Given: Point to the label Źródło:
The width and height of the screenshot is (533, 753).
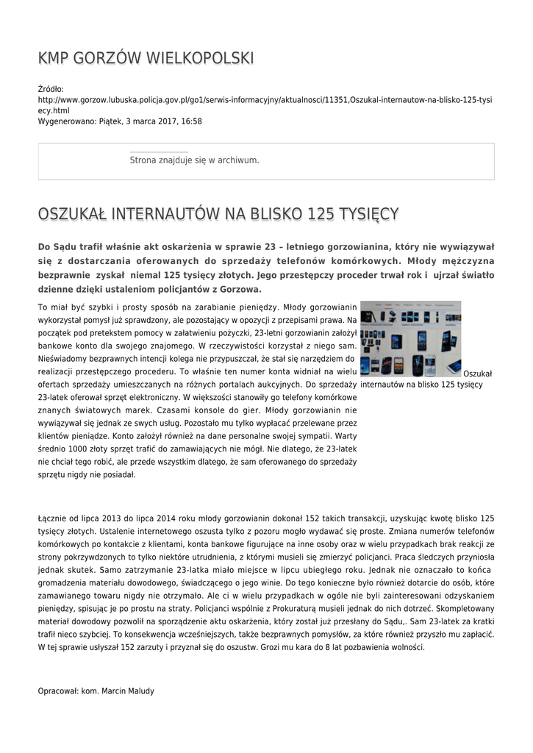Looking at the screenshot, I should coord(51,88).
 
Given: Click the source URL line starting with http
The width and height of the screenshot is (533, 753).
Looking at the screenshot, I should coord(265,99).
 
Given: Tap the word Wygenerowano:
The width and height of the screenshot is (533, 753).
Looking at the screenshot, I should coord(67,121).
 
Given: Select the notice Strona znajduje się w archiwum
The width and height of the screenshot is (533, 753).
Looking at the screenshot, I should coord(194,160).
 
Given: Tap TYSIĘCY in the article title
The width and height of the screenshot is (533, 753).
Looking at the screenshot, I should coord(368,214).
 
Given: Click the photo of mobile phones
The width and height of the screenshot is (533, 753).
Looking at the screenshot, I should coord(410,338).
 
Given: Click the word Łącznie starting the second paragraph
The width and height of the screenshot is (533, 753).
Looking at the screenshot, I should coord(53,518).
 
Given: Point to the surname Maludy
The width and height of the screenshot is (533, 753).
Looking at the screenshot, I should coord(140,690).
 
